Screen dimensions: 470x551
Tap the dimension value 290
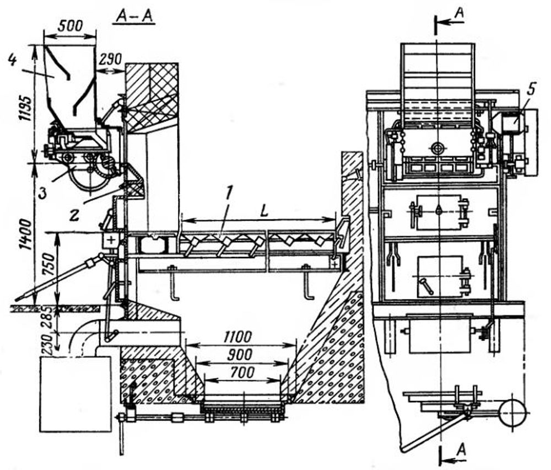click(x=110, y=58)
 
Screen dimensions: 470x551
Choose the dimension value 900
click(x=240, y=354)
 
